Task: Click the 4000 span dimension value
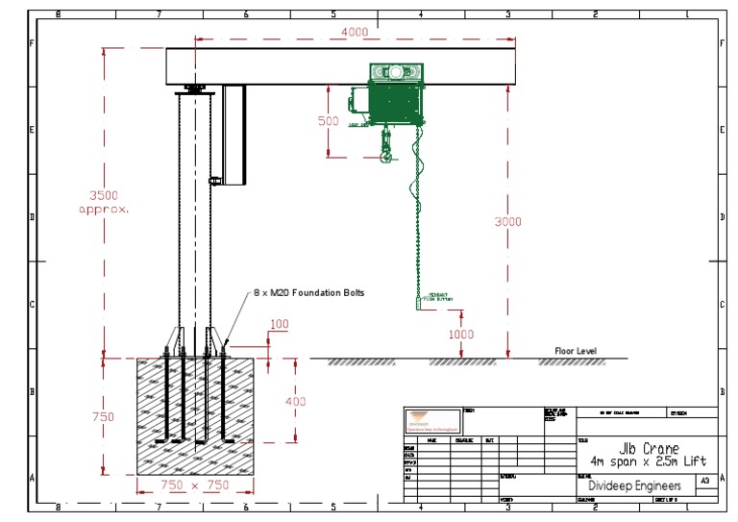[x=355, y=32]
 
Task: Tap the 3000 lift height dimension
[x=507, y=222]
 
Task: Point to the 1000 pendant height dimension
[x=462, y=335]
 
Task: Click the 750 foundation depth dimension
[x=103, y=417]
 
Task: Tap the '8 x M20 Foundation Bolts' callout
[x=308, y=292]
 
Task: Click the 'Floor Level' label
[x=575, y=351]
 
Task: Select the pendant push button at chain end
[x=417, y=302]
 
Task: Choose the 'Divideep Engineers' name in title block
[x=634, y=486]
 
